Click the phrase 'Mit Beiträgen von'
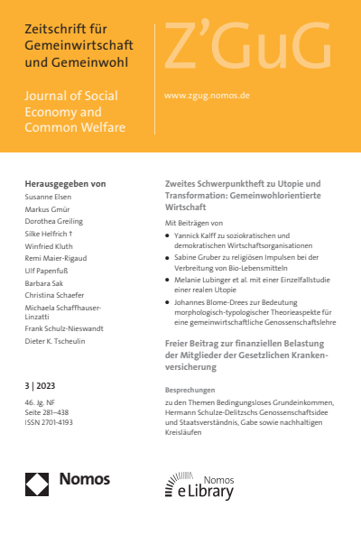click(x=194, y=221)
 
